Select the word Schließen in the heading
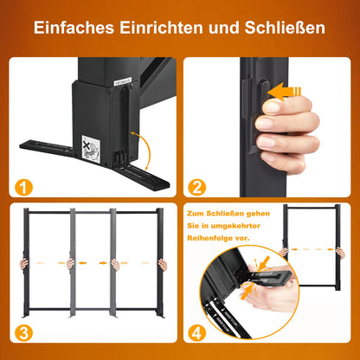(x=285, y=28)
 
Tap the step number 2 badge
(x=196, y=186)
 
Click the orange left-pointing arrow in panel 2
(x=285, y=89)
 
